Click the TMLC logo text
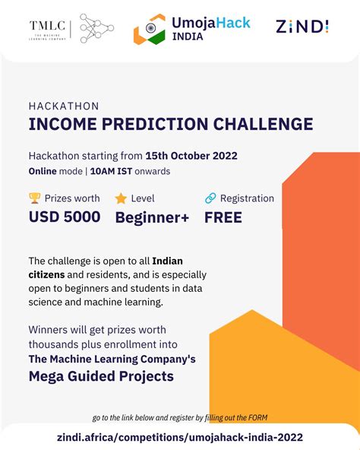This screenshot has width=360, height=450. (48, 27)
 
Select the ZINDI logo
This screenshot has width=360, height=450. (302, 27)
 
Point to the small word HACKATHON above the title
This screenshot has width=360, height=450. (64, 106)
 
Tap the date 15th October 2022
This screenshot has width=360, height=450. (193, 156)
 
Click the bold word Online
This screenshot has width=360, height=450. (43, 171)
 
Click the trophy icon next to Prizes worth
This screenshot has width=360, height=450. (34, 198)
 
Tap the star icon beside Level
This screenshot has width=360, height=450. (121, 198)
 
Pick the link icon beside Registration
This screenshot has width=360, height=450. (210, 198)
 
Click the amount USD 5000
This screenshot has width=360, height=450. (65, 217)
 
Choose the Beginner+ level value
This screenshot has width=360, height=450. (152, 217)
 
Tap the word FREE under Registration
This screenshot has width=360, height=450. (223, 217)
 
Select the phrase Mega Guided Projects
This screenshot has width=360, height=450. (101, 376)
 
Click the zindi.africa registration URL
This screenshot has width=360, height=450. (180, 436)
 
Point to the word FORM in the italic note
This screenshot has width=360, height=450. (256, 417)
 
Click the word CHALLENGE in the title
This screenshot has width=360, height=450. (254, 124)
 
